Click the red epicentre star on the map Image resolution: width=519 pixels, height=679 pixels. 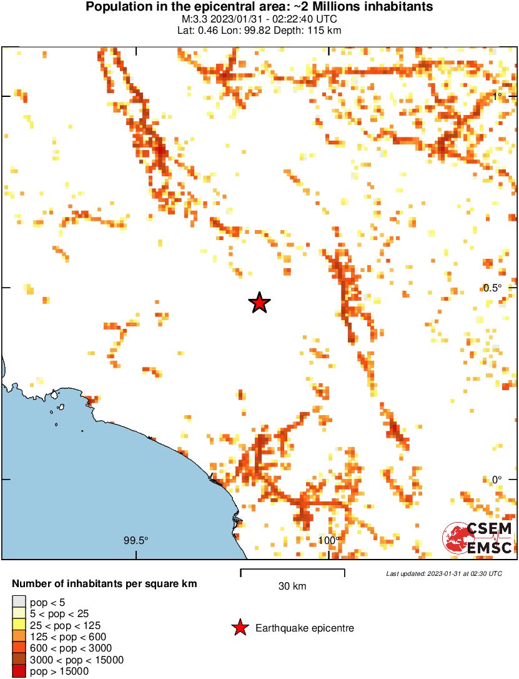click(259, 303)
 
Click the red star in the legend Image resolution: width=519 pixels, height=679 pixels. click(240, 628)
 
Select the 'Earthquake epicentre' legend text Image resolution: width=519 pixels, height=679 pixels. click(305, 628)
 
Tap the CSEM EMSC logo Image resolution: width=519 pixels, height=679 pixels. click(478, 538)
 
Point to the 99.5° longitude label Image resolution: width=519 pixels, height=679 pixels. click(136, 541)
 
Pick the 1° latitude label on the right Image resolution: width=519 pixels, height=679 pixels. click(497, 96)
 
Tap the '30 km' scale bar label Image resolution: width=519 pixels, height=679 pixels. click(292, 586)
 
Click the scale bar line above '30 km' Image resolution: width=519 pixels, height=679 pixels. click(292, 570)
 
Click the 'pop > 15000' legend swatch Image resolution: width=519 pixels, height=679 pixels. click(19, 671)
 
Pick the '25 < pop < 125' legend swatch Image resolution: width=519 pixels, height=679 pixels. click(19, 625)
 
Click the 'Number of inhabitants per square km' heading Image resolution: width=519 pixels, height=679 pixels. click(105, 584)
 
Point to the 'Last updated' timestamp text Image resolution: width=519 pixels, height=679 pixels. click(443, 573)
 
